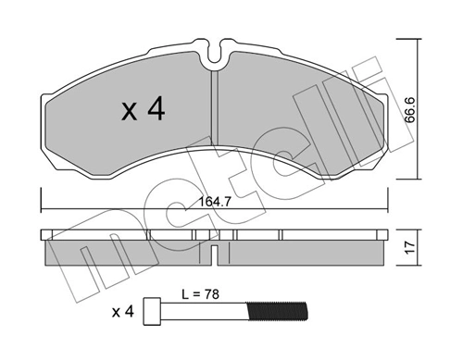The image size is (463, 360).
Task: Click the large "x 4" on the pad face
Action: (143, 111)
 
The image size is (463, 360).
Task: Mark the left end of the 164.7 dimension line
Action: (42, 197)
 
